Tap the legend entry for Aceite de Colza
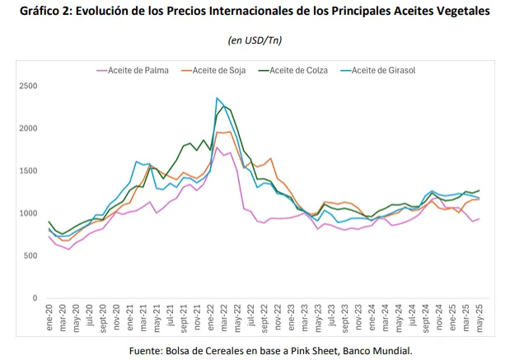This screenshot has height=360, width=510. pos(298,70)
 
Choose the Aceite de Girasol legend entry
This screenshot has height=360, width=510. pos(382,70)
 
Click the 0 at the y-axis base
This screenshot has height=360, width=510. pos(35,298)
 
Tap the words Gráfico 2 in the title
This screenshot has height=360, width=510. pos(43,12)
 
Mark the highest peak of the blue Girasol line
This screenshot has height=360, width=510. pos(218,98)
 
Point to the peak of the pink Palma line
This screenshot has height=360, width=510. pos(218,147)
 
